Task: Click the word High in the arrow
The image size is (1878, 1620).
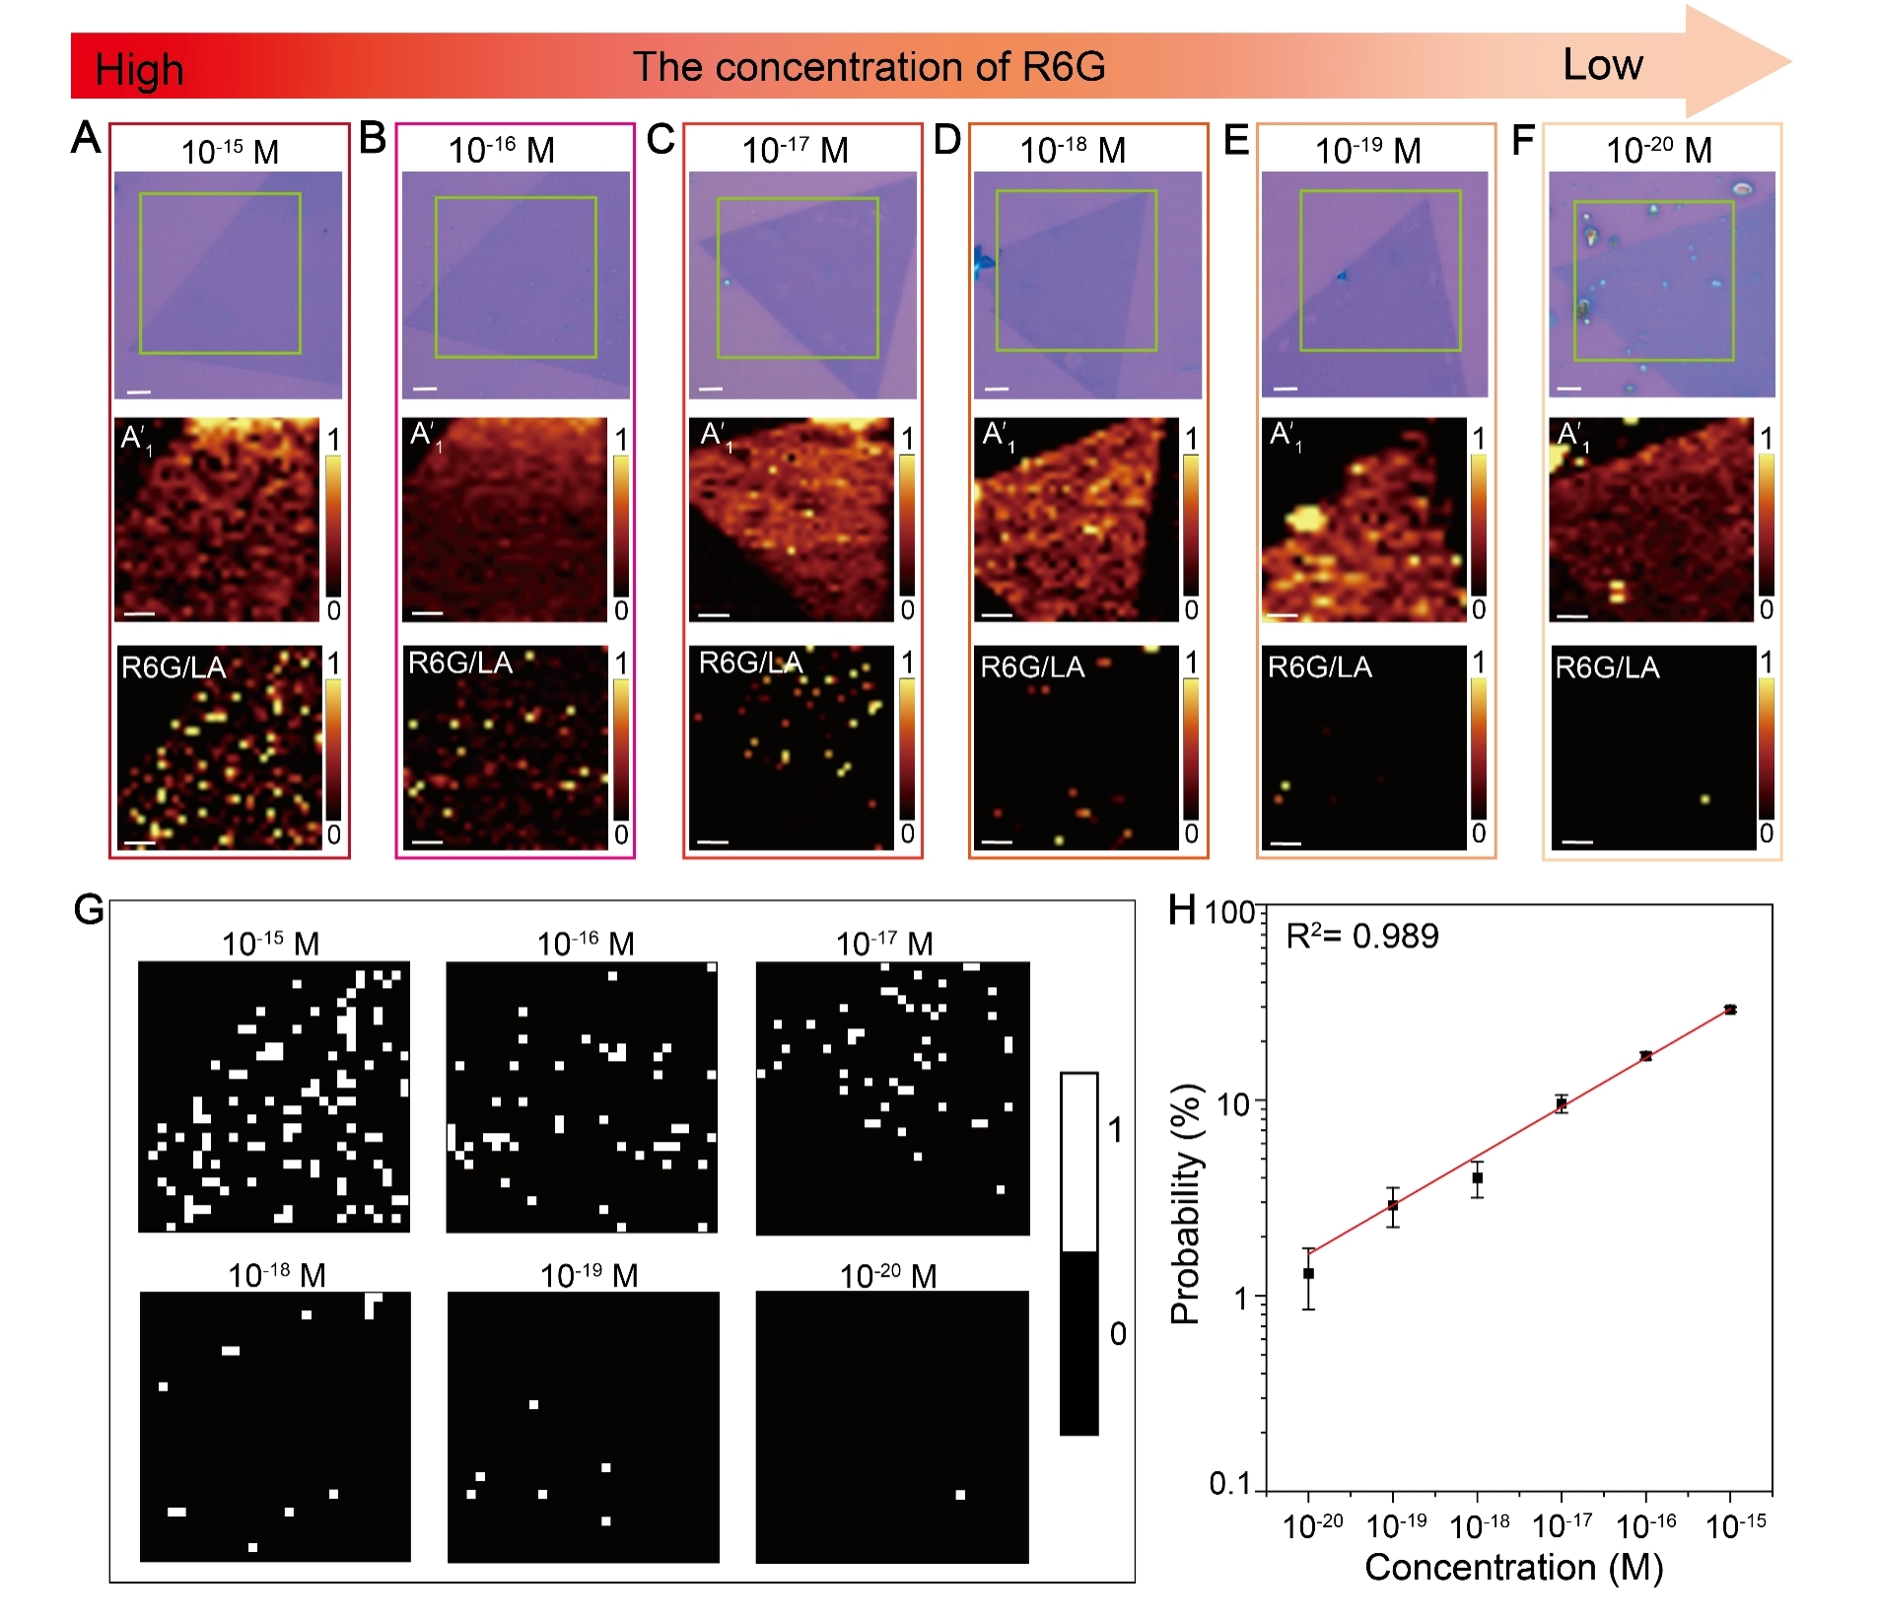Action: (139, 70)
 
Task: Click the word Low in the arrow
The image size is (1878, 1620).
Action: (1602, 65)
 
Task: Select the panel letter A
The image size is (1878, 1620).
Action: (86, 138)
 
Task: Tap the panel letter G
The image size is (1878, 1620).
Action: (89, 908)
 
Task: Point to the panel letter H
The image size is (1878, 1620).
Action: (1181, 909)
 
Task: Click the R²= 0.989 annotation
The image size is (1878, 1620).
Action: (1361, 936)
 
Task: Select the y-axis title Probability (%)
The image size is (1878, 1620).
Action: (1186, 1203)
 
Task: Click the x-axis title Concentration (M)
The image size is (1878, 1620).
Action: (1513, 1567)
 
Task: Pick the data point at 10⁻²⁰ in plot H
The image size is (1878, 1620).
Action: (1308, 1273)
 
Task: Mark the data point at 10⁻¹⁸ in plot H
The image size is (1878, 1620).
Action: (1477, 1177)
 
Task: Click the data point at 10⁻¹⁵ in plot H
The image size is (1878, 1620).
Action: (1730, 1010)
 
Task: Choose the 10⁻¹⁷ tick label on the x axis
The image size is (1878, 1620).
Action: (1562, 1526)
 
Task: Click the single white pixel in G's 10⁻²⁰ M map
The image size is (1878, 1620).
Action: (960, 1495)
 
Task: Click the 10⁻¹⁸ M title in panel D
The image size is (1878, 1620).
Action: (1072, 151)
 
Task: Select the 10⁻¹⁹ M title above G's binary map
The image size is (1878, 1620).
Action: (589, 1276)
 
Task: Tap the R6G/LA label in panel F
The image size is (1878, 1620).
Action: (1607, 668)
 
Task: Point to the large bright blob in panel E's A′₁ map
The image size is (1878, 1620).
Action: (1306, 516)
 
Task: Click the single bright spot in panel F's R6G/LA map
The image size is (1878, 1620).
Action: (1704, 799)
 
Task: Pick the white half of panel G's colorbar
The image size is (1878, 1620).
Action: (1078, 1162)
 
